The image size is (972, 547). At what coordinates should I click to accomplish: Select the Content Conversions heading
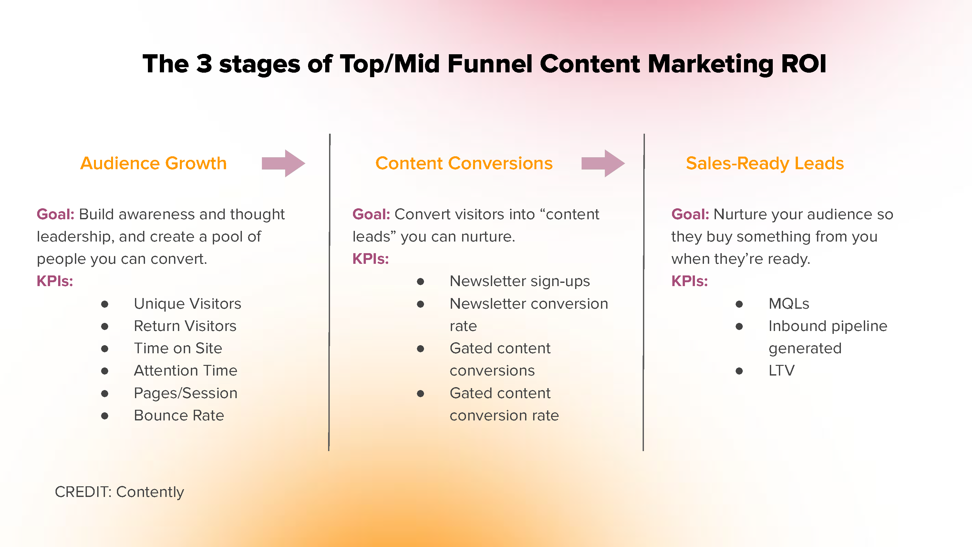464,163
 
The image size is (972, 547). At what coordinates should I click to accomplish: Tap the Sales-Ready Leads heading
765,164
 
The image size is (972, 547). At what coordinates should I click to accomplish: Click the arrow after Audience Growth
284,163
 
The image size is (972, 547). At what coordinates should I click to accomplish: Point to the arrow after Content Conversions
603,163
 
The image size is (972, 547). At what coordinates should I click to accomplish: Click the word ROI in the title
804,63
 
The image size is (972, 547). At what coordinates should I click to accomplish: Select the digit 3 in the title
204,63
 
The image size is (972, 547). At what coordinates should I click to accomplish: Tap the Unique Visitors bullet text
188,304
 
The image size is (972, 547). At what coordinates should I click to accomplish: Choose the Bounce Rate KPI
179,415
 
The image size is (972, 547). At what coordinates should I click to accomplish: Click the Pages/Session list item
186,393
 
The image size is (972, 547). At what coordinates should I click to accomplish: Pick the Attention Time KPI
186,370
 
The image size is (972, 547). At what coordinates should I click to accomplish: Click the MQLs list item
789,304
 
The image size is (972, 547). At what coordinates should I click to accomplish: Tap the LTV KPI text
781,370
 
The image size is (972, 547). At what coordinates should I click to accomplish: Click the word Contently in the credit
150,492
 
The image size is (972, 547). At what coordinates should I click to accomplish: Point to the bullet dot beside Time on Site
105,348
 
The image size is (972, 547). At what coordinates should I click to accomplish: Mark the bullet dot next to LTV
739,371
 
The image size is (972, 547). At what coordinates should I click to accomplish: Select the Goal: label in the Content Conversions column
371,214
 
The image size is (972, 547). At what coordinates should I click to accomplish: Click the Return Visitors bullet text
185,326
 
